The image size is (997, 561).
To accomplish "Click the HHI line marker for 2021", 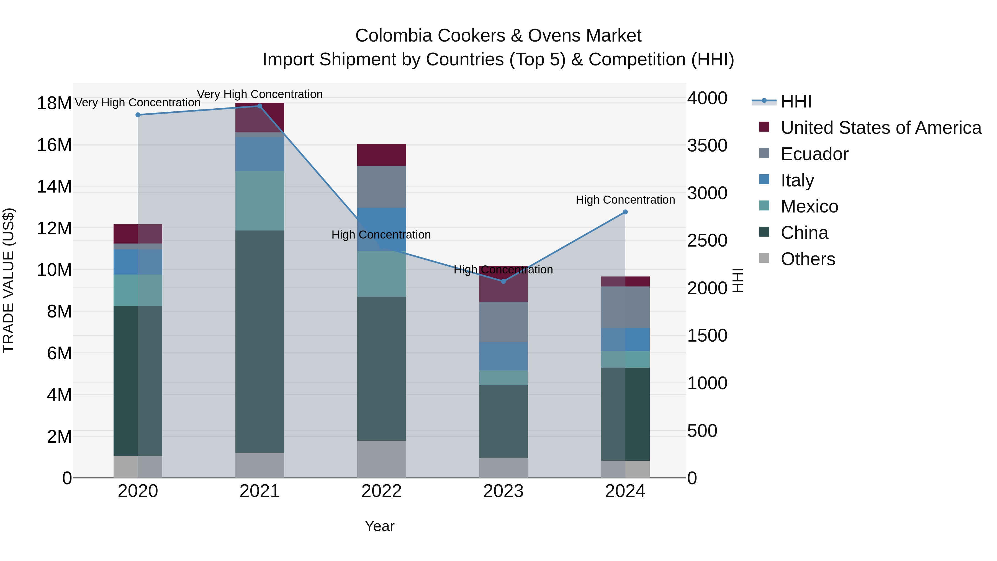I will [x=260, y=106].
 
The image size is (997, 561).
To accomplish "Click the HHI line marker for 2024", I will [x=625, y=212].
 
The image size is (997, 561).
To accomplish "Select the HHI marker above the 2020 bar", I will [x=138, y=115].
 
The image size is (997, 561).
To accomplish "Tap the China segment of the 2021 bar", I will [x=260, y=341].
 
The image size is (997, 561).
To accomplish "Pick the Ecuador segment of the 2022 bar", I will [x=381, y=187].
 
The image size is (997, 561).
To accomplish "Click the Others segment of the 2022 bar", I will [x=381, y=459].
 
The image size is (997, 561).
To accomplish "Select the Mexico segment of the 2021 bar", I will [x=260, y=201].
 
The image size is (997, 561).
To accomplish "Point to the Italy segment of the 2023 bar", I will [x=503, y=356].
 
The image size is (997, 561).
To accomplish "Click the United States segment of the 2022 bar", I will [x=381, y=155].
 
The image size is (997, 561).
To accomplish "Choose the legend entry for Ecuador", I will [x=814, y=154].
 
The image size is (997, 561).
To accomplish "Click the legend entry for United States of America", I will [x=881, y=128].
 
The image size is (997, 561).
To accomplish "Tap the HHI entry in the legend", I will [x=796, y=101].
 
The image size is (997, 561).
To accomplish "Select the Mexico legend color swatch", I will [x=764, y=206].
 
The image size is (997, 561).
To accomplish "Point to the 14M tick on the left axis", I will [x=54, y=187].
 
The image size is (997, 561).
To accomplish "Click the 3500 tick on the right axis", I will [x=707, y=145].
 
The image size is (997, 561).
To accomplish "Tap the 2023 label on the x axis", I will [x=503, y=491].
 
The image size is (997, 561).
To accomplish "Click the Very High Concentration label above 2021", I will [x=260, y=94].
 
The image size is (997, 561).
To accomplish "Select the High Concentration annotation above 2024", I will [x=625, y=200].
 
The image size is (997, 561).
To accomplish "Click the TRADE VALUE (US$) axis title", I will [x=9, y=280].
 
